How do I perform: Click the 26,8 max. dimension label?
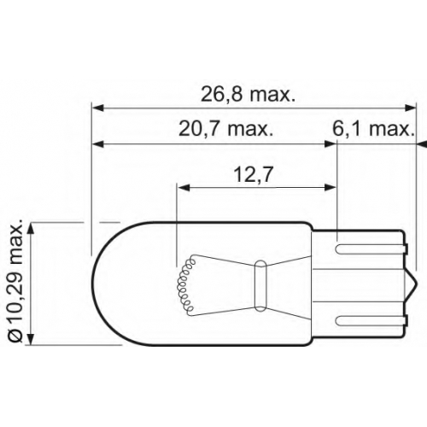click(248, 95)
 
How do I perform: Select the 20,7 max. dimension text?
click(225, 129)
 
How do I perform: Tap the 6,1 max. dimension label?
click(373, 129)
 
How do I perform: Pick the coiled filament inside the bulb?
click(185, 284)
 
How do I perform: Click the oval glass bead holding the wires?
click(260, 285)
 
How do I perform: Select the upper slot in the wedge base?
click(371, 249)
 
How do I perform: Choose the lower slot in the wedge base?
click(371, 320)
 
